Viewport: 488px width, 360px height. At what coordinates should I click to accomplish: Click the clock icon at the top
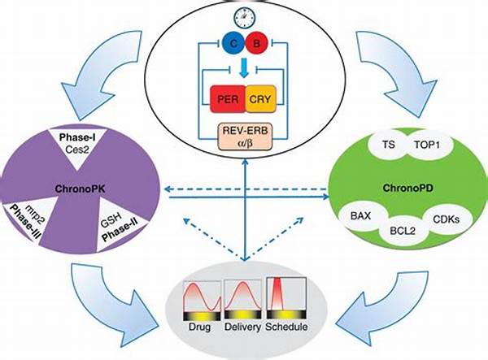(x=243, y=16)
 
